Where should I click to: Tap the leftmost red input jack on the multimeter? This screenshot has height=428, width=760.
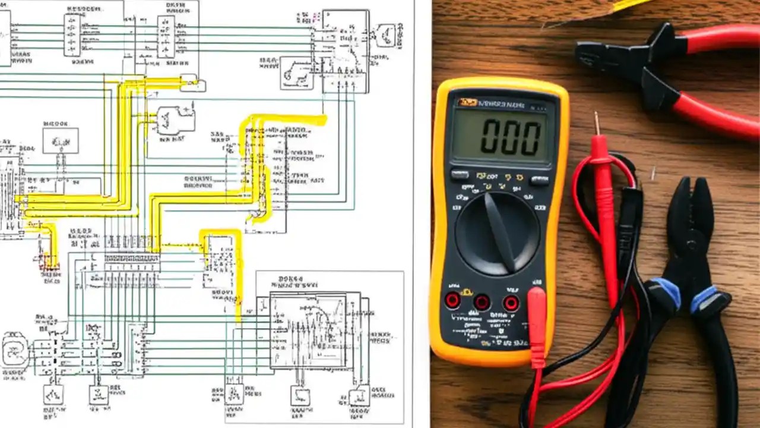tap(452, 300)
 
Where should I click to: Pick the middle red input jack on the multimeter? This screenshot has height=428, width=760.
tap(482, 302)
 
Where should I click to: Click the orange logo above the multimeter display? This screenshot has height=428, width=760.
tap(467, 103)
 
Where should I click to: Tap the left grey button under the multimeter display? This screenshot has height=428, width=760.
tap(459, 175)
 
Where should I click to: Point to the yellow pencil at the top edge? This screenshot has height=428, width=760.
tap(629, 5)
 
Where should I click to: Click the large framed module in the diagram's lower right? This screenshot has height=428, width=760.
tap(308, 331)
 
